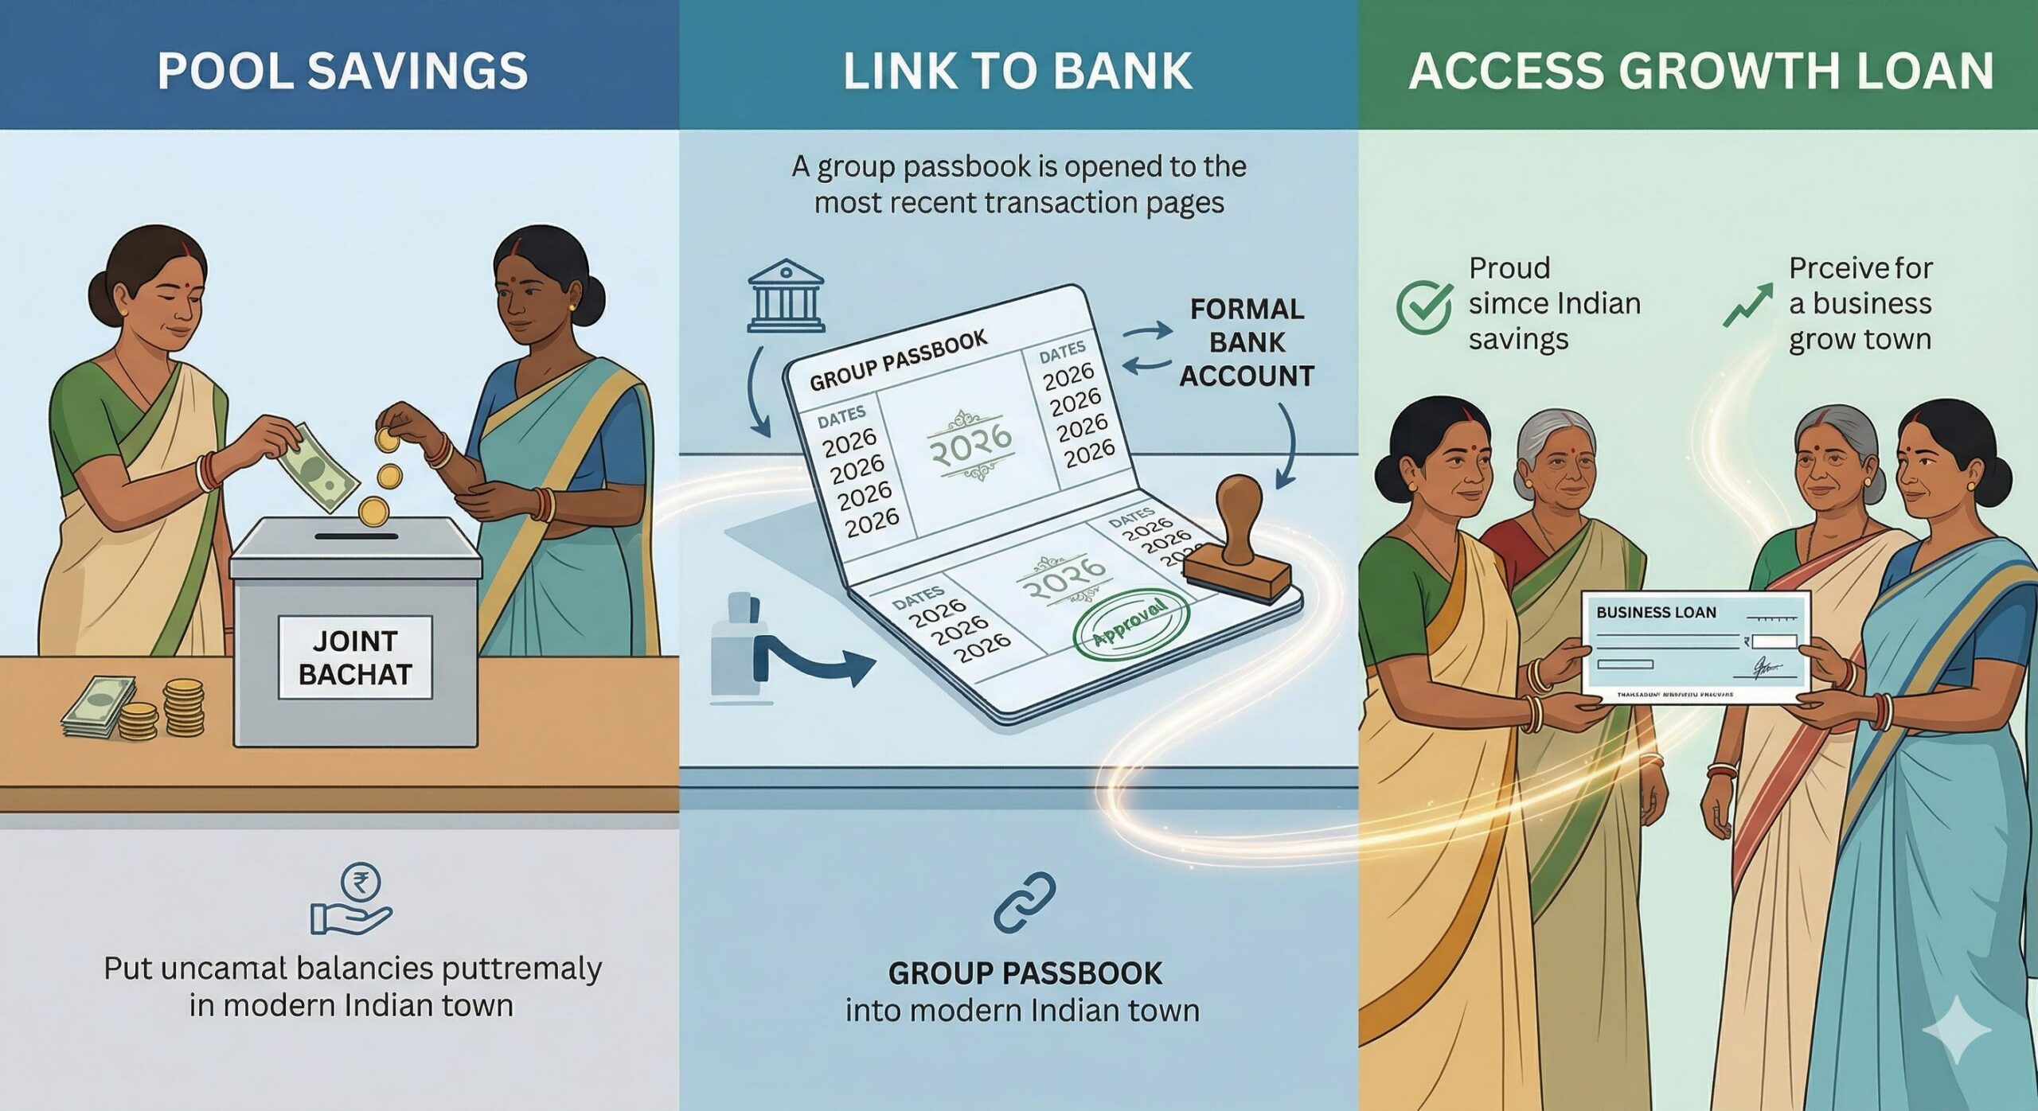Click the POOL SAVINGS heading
tap(342, 70)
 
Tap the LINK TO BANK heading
tap(1017, 70)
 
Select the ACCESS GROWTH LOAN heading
tap(1700, 70)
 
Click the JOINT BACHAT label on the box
tap(355, 657)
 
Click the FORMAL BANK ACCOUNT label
tap(1247, 342)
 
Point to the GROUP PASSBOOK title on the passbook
tap(898, 361)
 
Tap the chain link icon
tap(1024, 902)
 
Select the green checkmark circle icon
tap(1423, 306)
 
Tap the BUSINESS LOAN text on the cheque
tap(1656, 612)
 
